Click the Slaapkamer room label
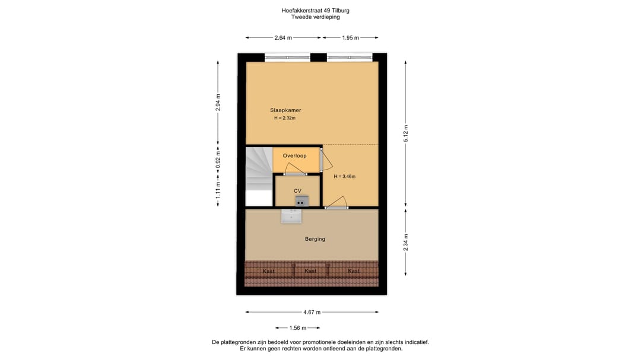point(285,110)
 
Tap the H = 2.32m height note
point(285,118)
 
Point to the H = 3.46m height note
point(344,176)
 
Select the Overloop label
point(294,155)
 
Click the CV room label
point(297,190)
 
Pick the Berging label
point(315,239)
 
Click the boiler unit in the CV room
point(302,200)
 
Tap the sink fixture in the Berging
point(291,215)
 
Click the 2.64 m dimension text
point(283,37)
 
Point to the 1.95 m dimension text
point(350,37)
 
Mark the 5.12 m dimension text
point(406,133)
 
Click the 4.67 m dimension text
point(312,313)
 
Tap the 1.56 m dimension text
point(297,328)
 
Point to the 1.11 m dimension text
point(218,192)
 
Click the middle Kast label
point(310,271)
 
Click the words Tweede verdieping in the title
point(320,17)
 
